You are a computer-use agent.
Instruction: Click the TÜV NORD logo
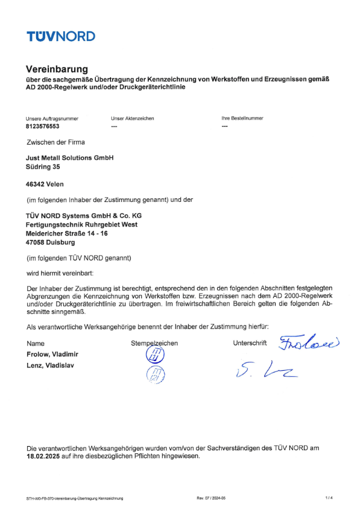pos(60,36)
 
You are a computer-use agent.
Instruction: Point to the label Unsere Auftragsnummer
pos(52,119)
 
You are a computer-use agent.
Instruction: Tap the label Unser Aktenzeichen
pos(133,119)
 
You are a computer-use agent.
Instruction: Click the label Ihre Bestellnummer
pos(242,119)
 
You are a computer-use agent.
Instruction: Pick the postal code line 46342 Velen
pos(45,184)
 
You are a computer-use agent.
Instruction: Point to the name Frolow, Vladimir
pos(52,354)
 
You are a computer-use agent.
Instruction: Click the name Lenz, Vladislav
pos(50,365)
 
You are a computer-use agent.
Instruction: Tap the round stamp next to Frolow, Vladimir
pos(154,356)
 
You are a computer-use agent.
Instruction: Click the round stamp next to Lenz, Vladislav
pos(156,376)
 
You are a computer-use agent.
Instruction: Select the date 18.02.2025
pos(47,456)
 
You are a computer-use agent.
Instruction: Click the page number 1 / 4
pos(329,498)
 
